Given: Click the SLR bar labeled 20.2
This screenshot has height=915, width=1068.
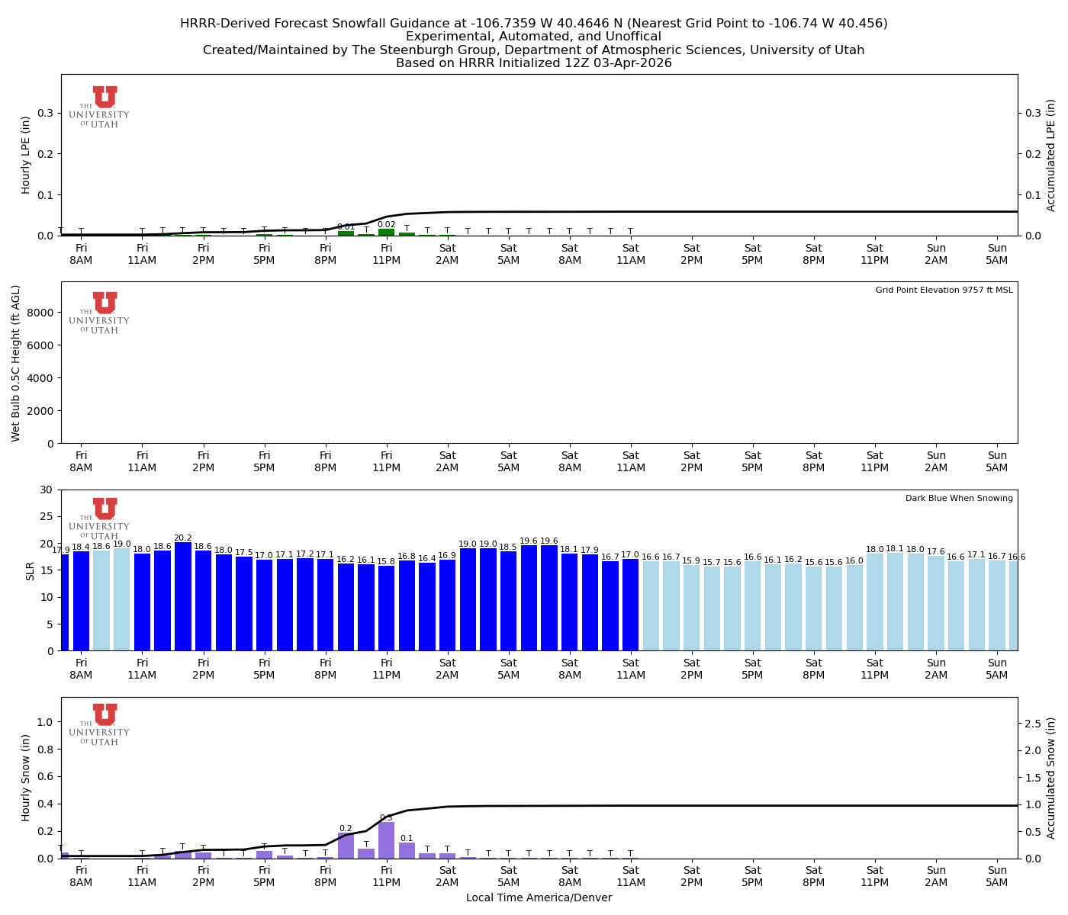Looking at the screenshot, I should point(183,596).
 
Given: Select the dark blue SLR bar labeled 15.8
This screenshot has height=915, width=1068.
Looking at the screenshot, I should point(387,608).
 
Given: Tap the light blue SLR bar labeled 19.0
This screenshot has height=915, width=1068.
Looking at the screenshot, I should point(122,599).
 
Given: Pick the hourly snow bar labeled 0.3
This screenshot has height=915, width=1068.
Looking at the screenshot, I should point(387,840).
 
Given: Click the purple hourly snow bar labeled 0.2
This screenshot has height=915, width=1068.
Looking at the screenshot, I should point(346,846).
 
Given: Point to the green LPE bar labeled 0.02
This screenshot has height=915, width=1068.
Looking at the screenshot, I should point(387,232).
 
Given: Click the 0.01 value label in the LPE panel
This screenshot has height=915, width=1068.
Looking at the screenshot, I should point(346,226).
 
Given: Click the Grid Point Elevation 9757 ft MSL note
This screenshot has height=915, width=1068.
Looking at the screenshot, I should point(944,291).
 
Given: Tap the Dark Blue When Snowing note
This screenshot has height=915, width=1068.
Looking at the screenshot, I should point(959,499).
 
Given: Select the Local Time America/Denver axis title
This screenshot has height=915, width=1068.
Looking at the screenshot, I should point(539,898).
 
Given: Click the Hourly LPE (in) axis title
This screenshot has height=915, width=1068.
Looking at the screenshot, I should point(26,155).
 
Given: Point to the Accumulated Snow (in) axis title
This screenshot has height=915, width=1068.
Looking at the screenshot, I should point(1051,778).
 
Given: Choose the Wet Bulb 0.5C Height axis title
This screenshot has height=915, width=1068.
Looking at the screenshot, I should point(16,363).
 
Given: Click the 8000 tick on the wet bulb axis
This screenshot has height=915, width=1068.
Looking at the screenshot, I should point(42,313).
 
